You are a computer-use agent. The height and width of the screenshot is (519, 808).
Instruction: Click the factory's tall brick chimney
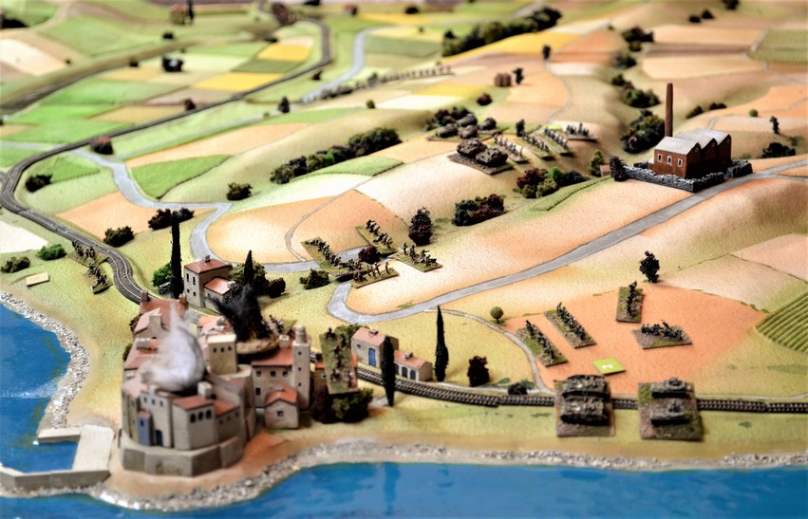tap(668, 110)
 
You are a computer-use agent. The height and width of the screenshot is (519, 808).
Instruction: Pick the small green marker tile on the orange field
tap(608, 365)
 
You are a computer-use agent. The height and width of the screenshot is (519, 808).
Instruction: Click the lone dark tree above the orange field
tap(649, 266)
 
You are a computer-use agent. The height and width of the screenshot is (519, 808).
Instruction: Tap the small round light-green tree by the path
tap(497, 313)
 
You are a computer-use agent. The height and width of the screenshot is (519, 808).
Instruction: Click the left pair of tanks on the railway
tap(584, 402)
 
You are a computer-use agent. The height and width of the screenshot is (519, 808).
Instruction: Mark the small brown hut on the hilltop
tap(503, 80)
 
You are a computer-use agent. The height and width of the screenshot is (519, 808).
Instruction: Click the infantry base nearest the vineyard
tap(661, 333)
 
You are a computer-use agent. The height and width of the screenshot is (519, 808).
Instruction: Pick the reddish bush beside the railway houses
tap(477, 371)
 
